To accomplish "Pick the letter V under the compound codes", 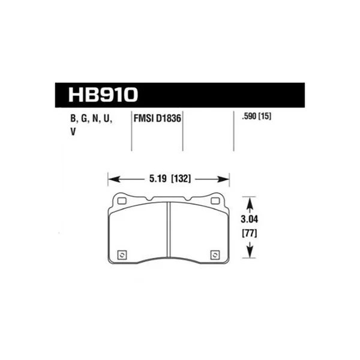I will [73, 133].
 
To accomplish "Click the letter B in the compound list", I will [73, 118].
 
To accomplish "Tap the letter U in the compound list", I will [108, 118].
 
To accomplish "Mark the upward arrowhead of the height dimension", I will [248, 200].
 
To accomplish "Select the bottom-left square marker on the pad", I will [123, 254].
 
